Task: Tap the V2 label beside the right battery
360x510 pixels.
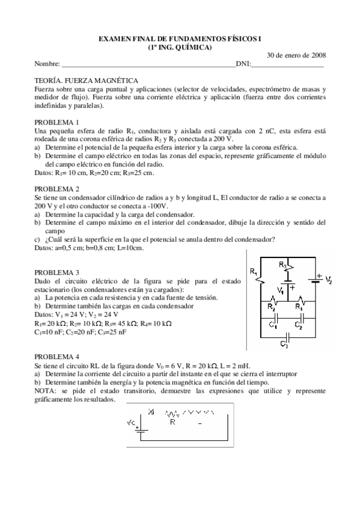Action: point(328,280)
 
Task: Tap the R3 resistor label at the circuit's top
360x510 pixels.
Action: point(283,263)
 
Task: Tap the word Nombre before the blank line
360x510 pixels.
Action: point(47,63)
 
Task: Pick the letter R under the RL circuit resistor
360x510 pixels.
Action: point(172,422)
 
